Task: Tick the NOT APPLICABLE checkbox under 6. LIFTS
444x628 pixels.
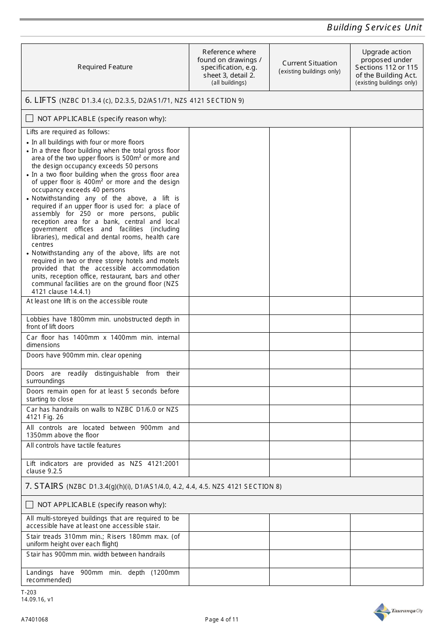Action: pos(30,118)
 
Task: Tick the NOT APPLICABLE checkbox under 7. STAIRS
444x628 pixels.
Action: pos(30,505)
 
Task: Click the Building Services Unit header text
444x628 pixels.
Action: pos(374,27)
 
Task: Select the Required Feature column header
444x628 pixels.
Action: pos(105,67)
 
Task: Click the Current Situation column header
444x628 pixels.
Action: pos(309,66)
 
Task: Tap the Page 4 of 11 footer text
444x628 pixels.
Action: pos(222,620)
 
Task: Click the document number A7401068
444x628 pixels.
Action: pos(34,620)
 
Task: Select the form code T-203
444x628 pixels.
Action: pos(29,592)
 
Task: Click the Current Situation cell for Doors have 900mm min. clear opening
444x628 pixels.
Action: pos(309,360)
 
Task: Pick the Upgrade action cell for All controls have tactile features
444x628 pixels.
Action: pos(387,450)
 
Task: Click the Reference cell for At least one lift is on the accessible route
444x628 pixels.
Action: pos(229,306)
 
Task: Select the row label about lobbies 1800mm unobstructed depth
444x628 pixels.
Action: pos(103,323)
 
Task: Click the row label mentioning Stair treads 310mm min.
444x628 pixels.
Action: pos(103,540)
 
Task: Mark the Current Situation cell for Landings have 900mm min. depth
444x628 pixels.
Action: pos(309,577)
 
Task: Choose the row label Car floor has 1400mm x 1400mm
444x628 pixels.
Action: pos(103,341)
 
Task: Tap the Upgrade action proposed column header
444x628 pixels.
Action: pos(387,67)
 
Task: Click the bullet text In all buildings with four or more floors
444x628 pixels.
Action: pos(88,142)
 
